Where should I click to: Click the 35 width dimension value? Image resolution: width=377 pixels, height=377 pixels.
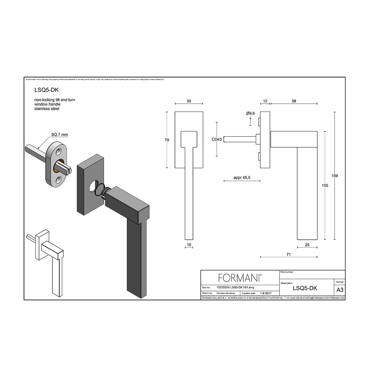tap(189, 101)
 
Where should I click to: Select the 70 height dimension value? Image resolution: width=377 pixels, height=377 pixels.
tap(167, 140)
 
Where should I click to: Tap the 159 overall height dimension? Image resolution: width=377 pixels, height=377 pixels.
tap(335, 176)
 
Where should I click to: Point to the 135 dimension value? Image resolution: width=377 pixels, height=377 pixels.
tap(325, 186)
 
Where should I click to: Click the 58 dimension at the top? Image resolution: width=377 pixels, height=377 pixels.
tap(294, 101)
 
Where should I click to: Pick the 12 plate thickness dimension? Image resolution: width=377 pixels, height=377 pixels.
tap(265, 101)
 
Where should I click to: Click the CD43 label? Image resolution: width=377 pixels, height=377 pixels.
tap(217, 139)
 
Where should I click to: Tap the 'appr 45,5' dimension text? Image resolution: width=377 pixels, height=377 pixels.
tap(242, 178)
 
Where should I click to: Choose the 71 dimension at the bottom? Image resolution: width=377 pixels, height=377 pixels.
tap(288, 254)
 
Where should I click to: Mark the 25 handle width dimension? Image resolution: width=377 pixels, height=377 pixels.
tap(307, 245)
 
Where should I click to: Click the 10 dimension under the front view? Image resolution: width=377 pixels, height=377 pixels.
tap(189, 245)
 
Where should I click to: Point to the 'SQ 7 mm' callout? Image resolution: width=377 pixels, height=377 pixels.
tap(59, 134)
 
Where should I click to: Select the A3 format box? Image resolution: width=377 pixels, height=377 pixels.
tap(340, 290)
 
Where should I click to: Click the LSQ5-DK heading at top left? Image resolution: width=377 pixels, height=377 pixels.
tap(46, 90)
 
